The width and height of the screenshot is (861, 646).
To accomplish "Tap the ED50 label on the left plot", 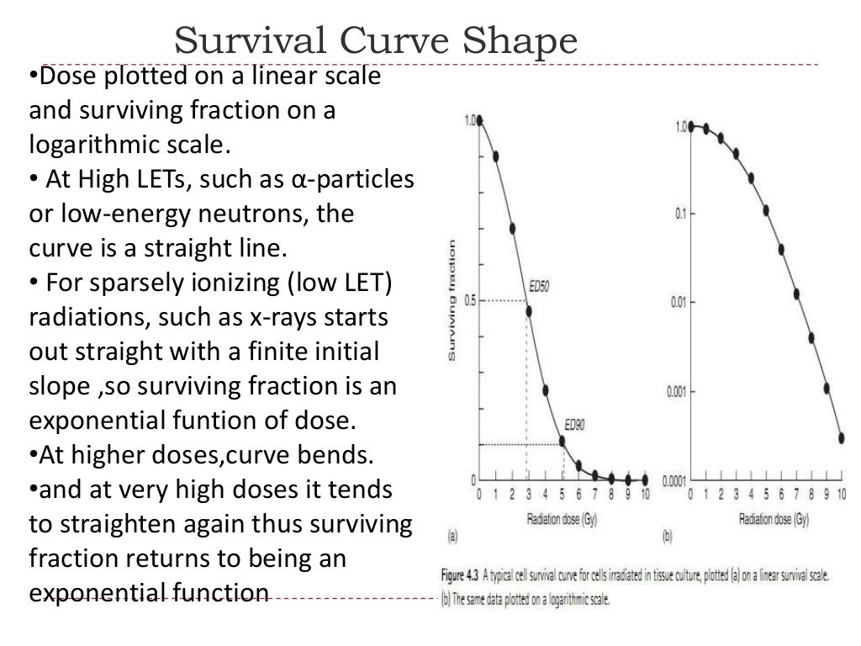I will tap(538, 286).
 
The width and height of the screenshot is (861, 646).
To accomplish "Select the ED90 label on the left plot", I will tap(574, 425).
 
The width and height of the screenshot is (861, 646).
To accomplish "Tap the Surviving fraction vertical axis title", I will tap(452, 301).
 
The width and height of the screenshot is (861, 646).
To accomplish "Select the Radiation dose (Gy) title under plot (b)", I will tap(774, 520).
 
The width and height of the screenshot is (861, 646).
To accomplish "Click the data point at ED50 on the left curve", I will tap(529, 310).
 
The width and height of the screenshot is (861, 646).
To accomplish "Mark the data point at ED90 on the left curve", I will tap(562, 440).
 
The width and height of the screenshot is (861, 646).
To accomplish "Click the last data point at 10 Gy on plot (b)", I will tap(842, 437).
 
